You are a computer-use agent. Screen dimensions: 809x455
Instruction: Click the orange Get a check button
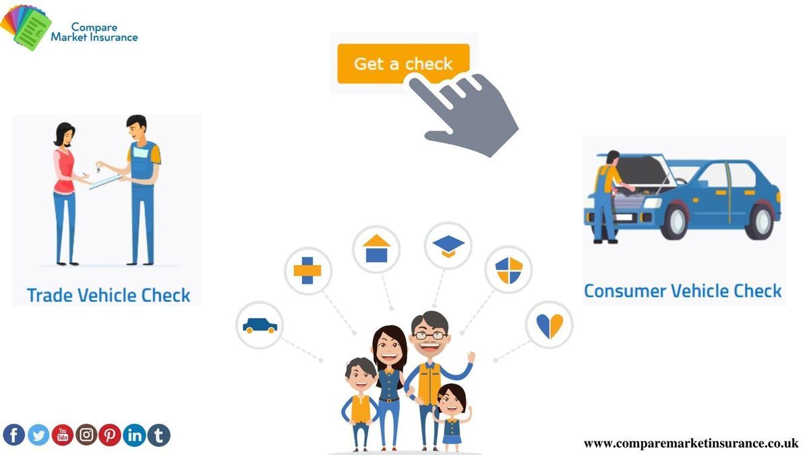click(x=403, y=63)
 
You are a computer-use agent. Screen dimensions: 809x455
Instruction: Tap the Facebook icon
click(x=13, y=435)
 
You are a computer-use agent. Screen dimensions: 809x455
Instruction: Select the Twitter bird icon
click(x=38, y=435)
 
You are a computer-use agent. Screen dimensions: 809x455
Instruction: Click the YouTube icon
click(x=63, y=435)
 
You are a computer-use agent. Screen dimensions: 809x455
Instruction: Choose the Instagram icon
click(x=86, y=435)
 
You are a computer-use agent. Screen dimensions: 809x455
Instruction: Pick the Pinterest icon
click(x=110, y=435)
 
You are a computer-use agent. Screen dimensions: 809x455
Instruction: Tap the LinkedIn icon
click(x=134, y=435)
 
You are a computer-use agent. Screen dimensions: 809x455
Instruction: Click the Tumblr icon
click(x=158, y=435)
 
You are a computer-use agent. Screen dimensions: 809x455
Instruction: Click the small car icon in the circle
click(x=260, y=326)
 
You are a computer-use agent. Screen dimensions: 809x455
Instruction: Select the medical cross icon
click(x=307, y=270)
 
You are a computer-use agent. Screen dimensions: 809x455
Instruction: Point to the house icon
click(x=376, y=249)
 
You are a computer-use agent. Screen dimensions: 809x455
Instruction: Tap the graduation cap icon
click(x=448, y=246)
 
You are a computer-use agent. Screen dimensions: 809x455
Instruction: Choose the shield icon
click(x=509, y=270)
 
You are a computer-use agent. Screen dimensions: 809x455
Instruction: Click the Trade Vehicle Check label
click(x=109, y=295)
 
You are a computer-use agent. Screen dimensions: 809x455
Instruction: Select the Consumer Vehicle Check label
click(x=683, y=291)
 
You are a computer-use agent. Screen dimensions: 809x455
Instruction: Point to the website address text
click(x=691, y=443)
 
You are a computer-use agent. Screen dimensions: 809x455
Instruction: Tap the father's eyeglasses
click(x=429, y=335)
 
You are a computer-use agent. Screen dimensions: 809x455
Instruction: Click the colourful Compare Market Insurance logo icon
click(x=26, y=28)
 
